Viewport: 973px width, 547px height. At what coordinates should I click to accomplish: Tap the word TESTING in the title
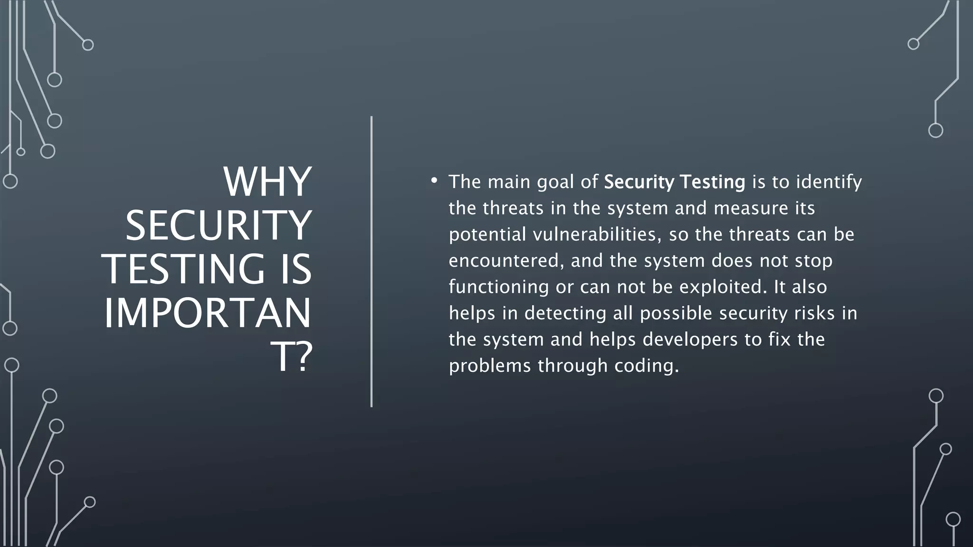(x=183, y=269)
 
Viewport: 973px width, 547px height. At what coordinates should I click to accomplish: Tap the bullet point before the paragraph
(x=434, y=180)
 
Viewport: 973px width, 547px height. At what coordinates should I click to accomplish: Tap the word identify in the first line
(x=829, y=182)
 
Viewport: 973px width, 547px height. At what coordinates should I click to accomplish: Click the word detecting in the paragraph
(x=565, y=313)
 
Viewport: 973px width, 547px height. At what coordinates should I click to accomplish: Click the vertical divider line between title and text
(x=372, y=261)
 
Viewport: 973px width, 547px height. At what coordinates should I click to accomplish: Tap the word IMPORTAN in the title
(x=207, y=313)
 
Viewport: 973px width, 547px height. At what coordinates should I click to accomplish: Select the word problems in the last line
(x=490, y=366)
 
